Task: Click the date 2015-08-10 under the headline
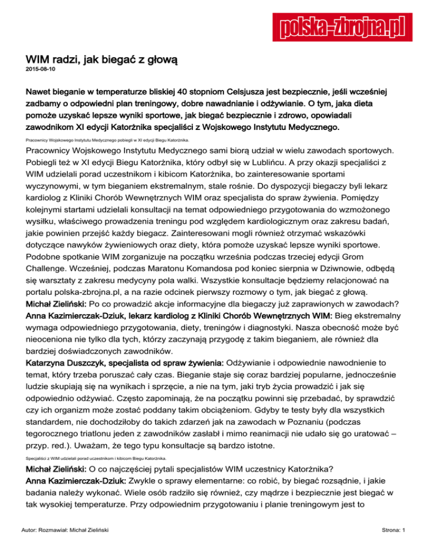[40, 69]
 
